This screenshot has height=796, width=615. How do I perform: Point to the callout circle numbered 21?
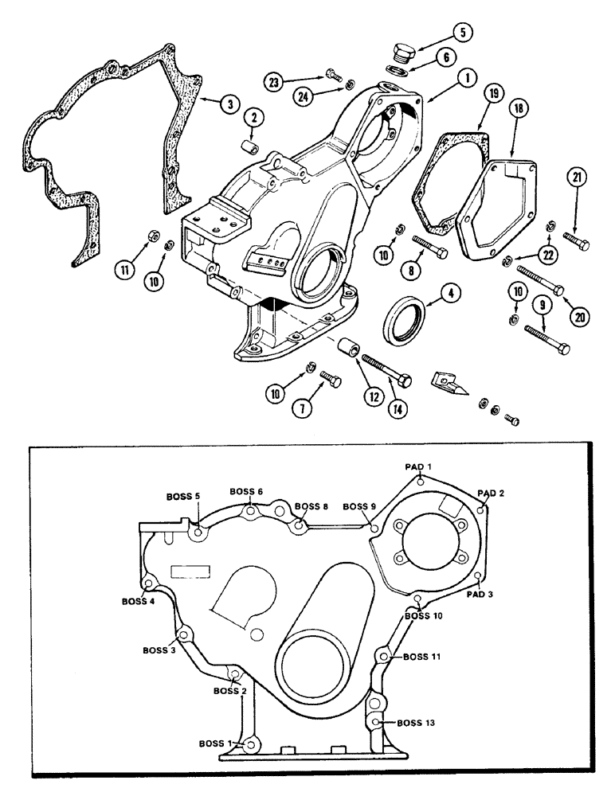tap(578, 177)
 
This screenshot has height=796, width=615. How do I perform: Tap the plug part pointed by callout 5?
tap(401, 53)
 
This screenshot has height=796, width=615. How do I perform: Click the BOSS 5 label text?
tap(182, 496)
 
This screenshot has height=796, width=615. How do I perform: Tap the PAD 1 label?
tap(417, 466)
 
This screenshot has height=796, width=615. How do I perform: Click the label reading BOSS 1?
tap(215, 743)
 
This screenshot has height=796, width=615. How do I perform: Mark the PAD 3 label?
tap(480, 594)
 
